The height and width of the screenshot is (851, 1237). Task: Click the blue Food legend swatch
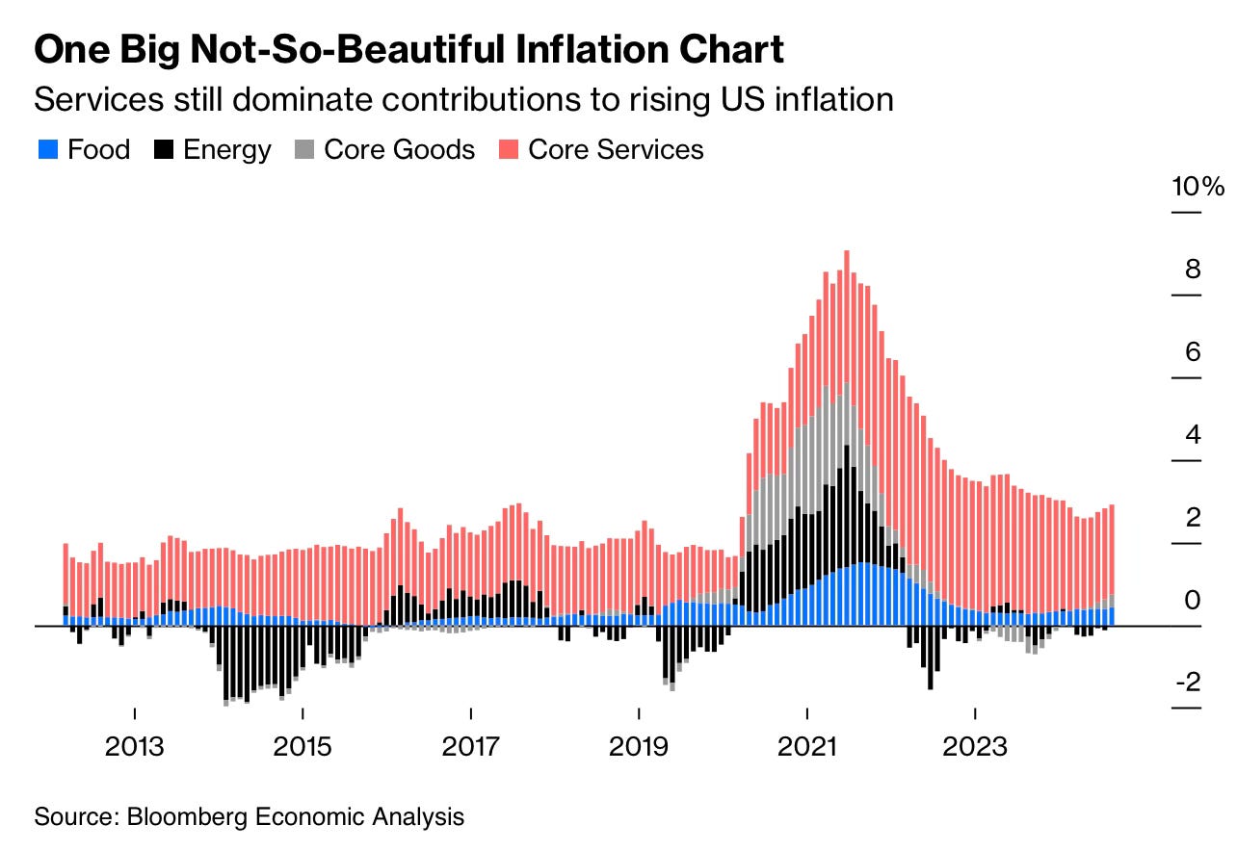pyautogui.click(x=47, y=149)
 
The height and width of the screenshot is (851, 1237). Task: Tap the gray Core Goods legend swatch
pyautogui.click(x=304, y=149)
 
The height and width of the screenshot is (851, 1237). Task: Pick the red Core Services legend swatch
pyautogui.click(x=509, y=149)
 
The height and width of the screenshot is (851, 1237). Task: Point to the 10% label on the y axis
pyautogui.click(x=1198, y=186)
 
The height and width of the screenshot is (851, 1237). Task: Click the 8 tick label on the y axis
pyautogui.click(x=1193, y=269)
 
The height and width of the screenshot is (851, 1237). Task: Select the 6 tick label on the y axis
pyautogui.click(x=1193, y=351)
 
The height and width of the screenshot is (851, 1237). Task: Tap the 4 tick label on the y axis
pyautogui.click(x=1193, y=434)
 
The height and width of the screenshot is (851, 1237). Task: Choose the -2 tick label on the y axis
pyautogui.click(x=1188, y=683)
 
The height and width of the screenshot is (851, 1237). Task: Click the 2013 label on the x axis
pyautogui.click(x=135, y=746)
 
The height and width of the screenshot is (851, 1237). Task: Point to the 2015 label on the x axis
pyautogui.click(x=303, y=746)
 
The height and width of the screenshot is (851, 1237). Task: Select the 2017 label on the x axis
pyautogui.click(x=470, y=746)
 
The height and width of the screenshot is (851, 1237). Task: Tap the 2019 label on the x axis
pyautogui.click(x=639, y=746)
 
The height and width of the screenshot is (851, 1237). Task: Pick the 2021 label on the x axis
pyautogui.click(x=806, y=746)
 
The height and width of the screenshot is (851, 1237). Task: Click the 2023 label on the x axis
pyautogui.click(x=975, y=746)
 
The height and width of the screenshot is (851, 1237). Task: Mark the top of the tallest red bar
pyautogui.click(x=846, y=252)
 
